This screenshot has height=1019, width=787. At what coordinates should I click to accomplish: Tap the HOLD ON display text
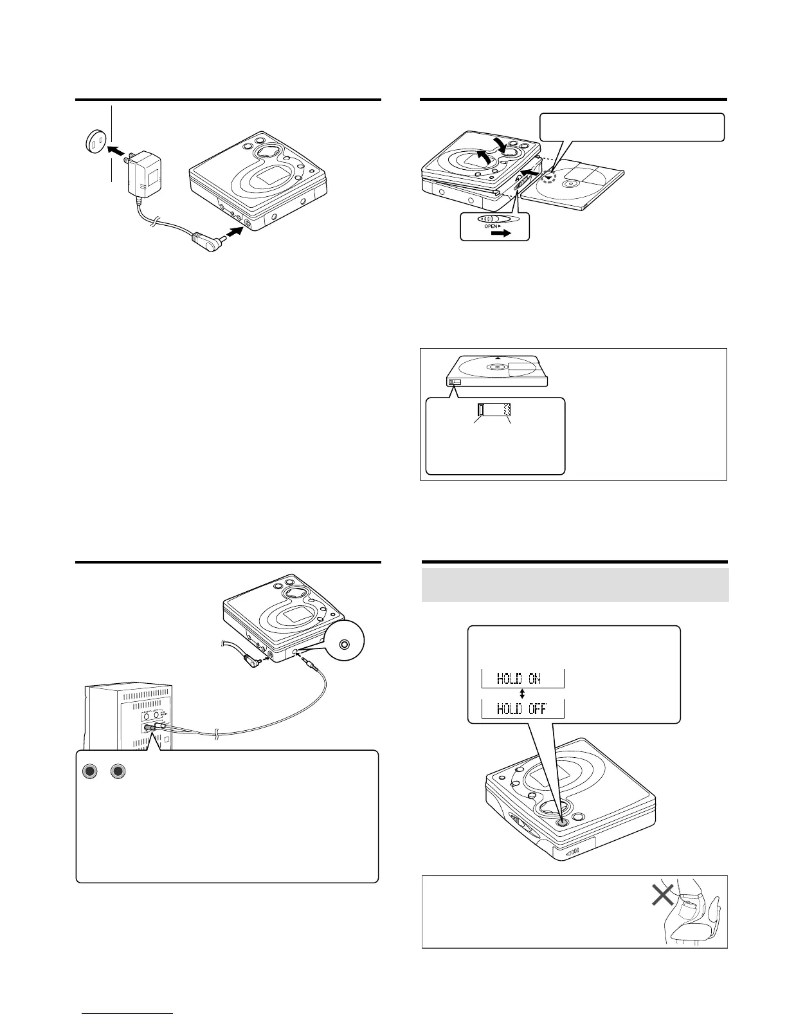point(522,679)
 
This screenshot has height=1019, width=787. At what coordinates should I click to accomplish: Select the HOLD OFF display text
point(522,709)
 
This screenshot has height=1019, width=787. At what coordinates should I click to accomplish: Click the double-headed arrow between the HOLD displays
point(522,694)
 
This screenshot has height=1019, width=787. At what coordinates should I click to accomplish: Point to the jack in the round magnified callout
point(346,644)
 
